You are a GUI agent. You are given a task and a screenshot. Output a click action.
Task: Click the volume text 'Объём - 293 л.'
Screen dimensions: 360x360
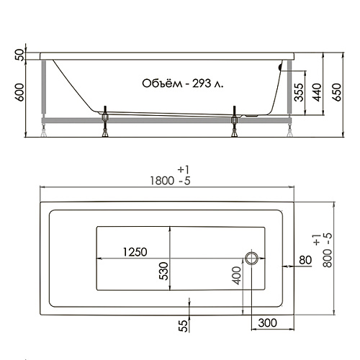tap(182, 84)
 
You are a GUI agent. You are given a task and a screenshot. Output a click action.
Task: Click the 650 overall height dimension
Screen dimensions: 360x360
tap(337, 92)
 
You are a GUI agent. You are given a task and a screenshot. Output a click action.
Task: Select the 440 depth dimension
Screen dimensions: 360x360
tap(317, 92)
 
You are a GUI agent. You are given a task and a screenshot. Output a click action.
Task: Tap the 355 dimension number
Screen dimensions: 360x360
tap(299, 92)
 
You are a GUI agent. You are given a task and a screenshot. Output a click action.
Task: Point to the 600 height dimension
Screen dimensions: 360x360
tap(19, 92)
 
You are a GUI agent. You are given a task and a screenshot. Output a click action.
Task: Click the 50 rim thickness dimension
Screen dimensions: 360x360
tap(19, 55)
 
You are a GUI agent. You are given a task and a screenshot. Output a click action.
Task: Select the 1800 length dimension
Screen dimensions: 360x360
tap(162, 181)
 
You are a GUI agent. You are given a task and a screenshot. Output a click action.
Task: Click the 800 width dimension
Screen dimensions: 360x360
tap(328, 258)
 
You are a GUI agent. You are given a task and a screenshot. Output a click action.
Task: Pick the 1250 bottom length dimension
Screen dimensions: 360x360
tap(135, 252)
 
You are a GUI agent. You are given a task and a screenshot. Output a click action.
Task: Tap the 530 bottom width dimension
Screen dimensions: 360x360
tap(163, 271)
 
